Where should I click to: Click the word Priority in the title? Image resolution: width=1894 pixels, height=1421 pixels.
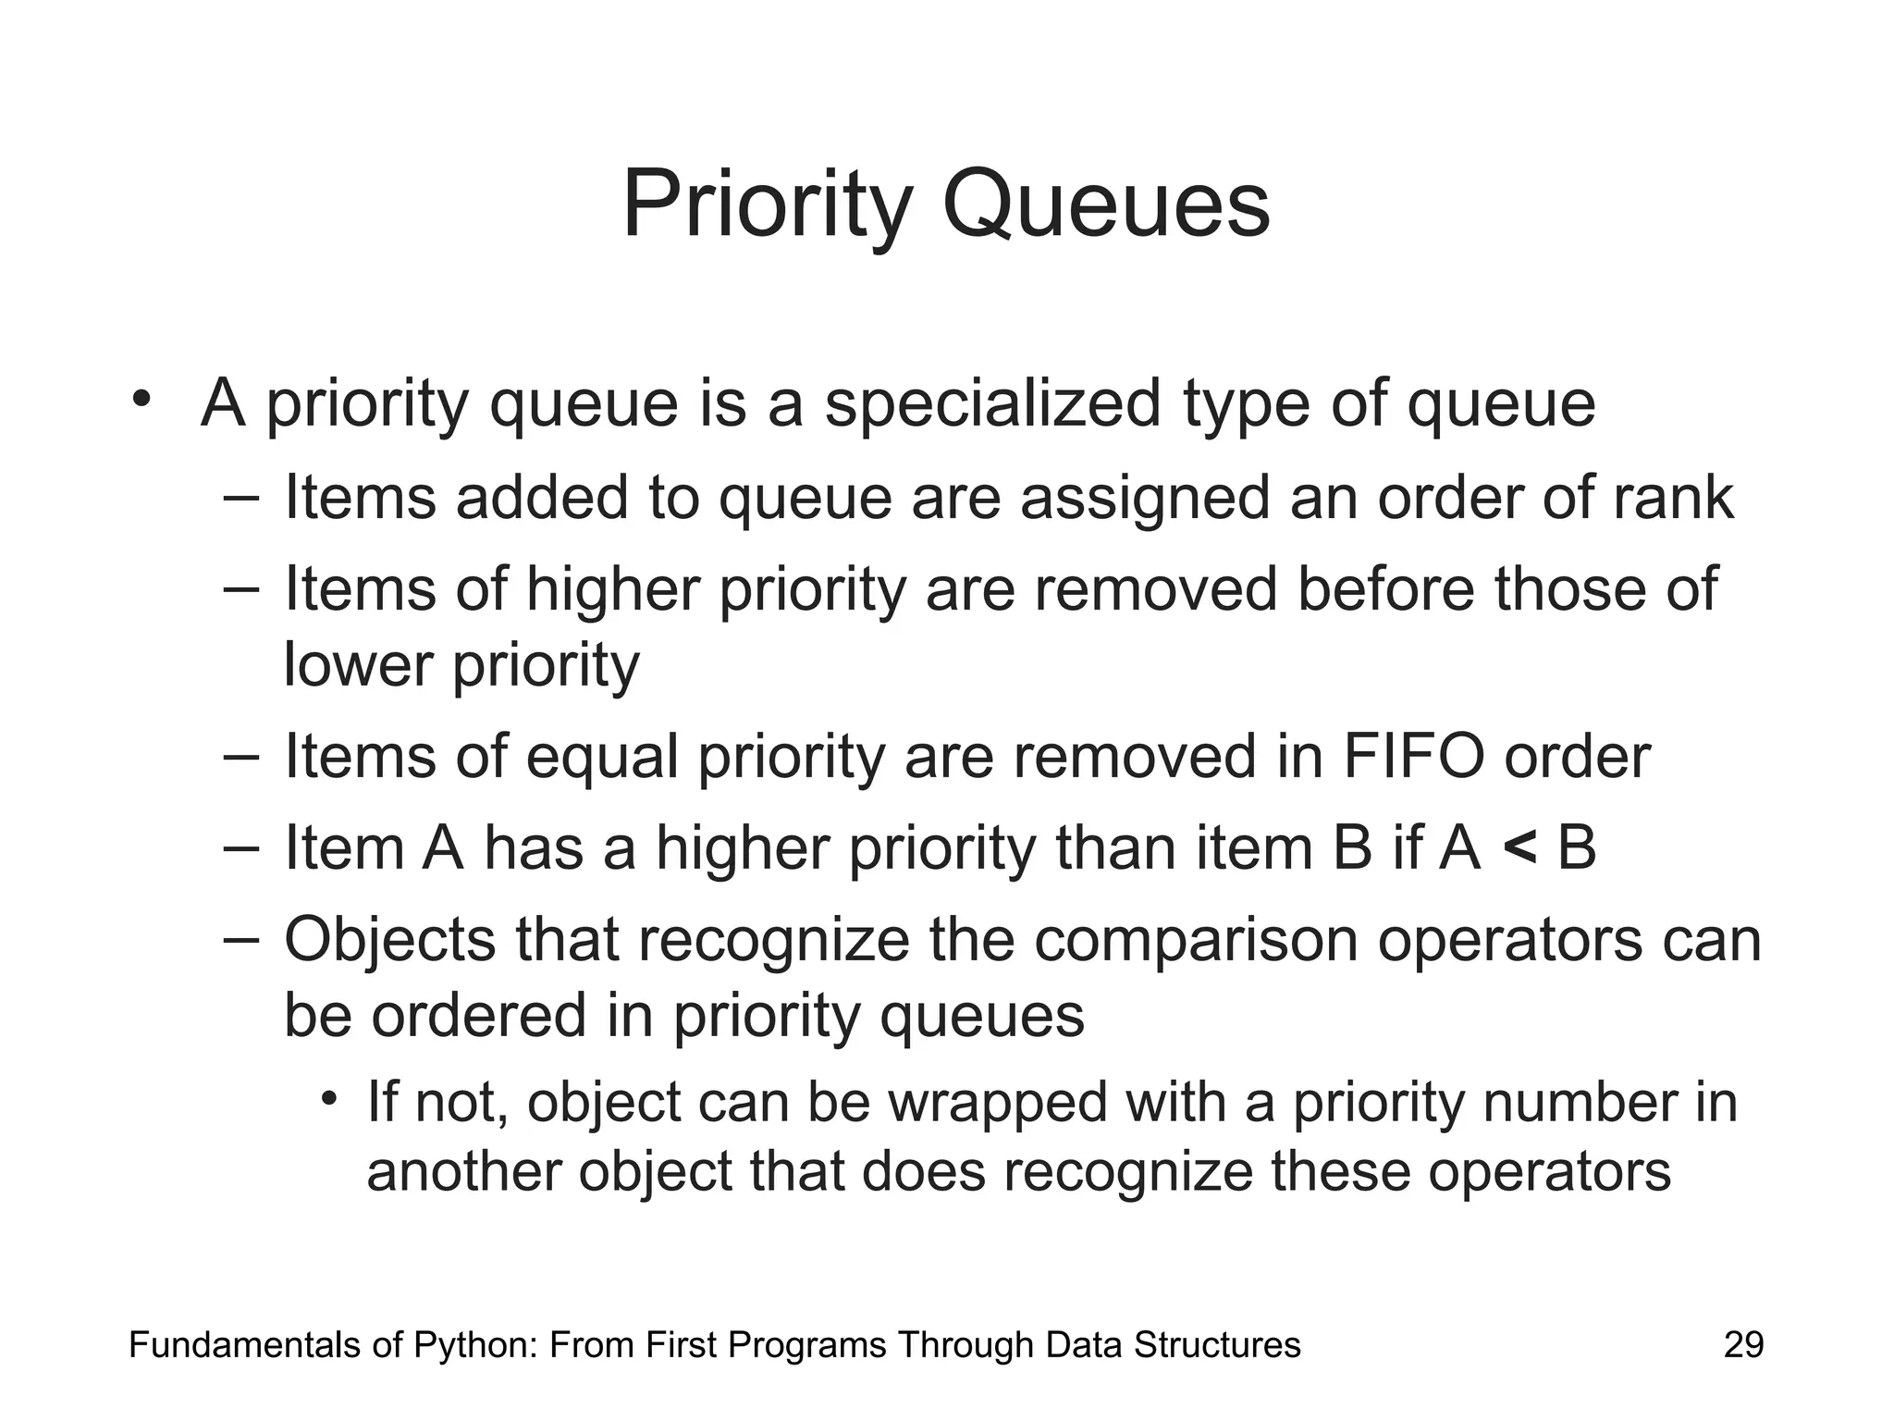click(768, 205)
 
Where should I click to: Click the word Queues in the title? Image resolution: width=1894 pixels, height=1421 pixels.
click(1106, 205)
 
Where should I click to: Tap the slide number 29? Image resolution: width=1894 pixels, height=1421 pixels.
click(1743, 1344)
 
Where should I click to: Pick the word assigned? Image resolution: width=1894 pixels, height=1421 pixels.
click(1146, 498)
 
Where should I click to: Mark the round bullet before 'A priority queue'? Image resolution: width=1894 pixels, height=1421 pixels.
click(141, 400)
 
